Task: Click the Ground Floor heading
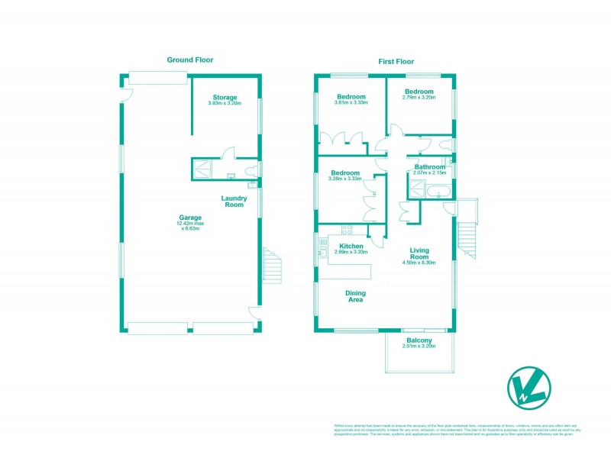(190, 60)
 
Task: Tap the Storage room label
(225, 98)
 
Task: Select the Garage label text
(190, 218)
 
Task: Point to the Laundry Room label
(233, 202)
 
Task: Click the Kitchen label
(351, 246)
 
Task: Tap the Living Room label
(419, 253)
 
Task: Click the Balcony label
(419, 340)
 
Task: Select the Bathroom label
(429, 166)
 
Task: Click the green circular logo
(530, 386)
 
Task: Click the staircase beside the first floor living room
(466, 238)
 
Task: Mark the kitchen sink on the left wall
(323, 246)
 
